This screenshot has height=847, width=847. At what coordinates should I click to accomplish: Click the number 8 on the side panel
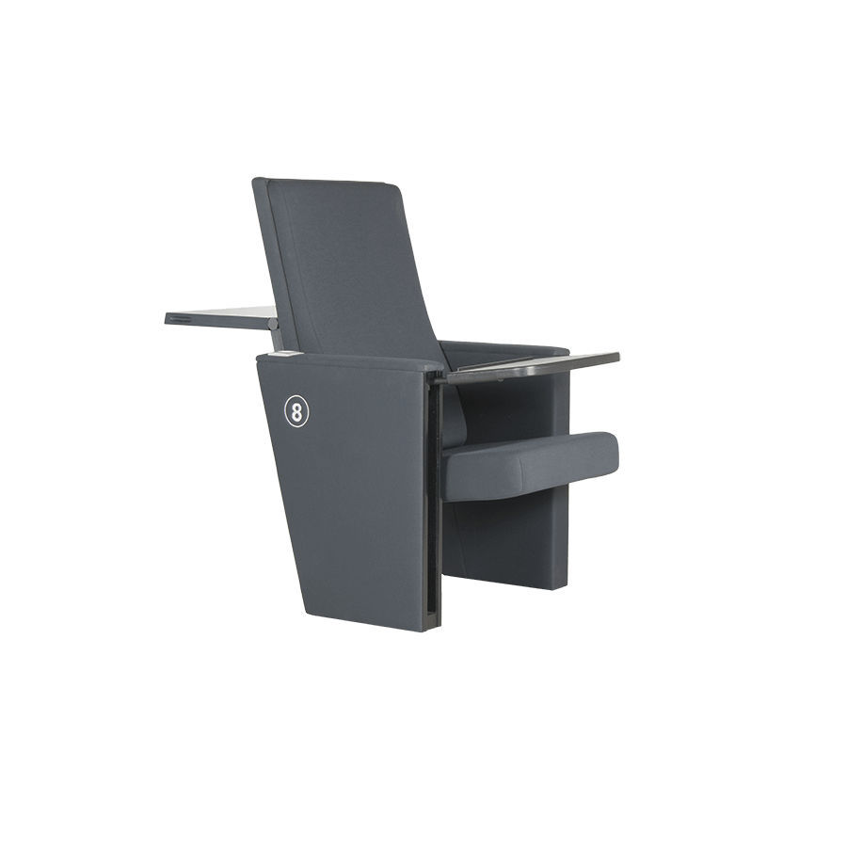[296, 411]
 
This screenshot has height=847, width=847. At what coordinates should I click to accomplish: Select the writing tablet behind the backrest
[221, 317]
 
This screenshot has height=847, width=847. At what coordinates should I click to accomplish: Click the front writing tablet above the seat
[532, 364]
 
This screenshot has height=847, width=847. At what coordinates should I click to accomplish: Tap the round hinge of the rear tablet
[274, 323]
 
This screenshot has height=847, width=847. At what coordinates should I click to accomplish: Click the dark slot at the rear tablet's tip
[179, 320]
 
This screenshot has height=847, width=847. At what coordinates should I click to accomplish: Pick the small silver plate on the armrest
[285, 355]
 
